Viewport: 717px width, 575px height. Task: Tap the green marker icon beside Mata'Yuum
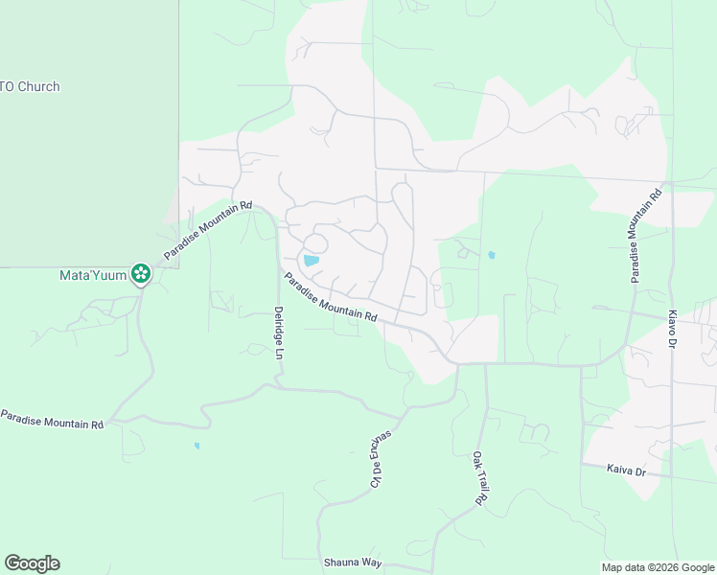tap(141, 275)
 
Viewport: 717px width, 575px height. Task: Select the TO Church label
tap(30, 87)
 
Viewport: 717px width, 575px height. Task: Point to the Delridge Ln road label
tap(279, 333)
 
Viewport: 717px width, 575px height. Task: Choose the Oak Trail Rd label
tap(479, 479)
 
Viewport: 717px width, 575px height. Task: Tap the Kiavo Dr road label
tap(673, 329)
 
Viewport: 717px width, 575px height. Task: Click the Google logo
tap(32, 563)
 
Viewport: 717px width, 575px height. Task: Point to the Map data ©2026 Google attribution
tap(657, 567)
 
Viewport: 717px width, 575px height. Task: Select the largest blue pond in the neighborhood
tap(312, 260)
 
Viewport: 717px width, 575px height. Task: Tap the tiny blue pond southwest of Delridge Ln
tap(197, 446)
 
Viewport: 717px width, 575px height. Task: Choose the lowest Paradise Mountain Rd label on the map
tap(52, 419)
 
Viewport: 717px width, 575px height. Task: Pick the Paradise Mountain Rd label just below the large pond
tap(330, 297)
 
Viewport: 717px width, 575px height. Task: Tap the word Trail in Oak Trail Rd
tap(479, 478)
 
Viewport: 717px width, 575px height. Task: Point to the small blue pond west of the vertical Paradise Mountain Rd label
tap(491, 256)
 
